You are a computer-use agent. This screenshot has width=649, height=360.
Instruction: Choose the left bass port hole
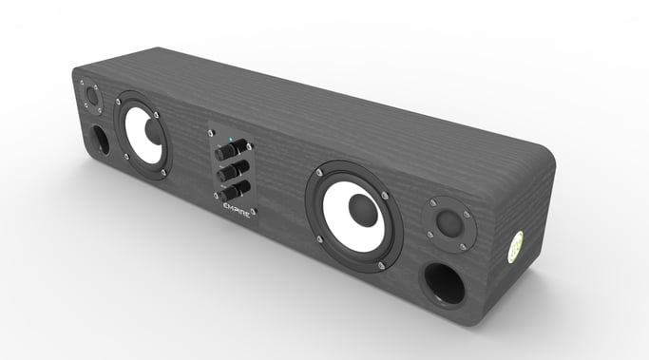pos(98,141)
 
